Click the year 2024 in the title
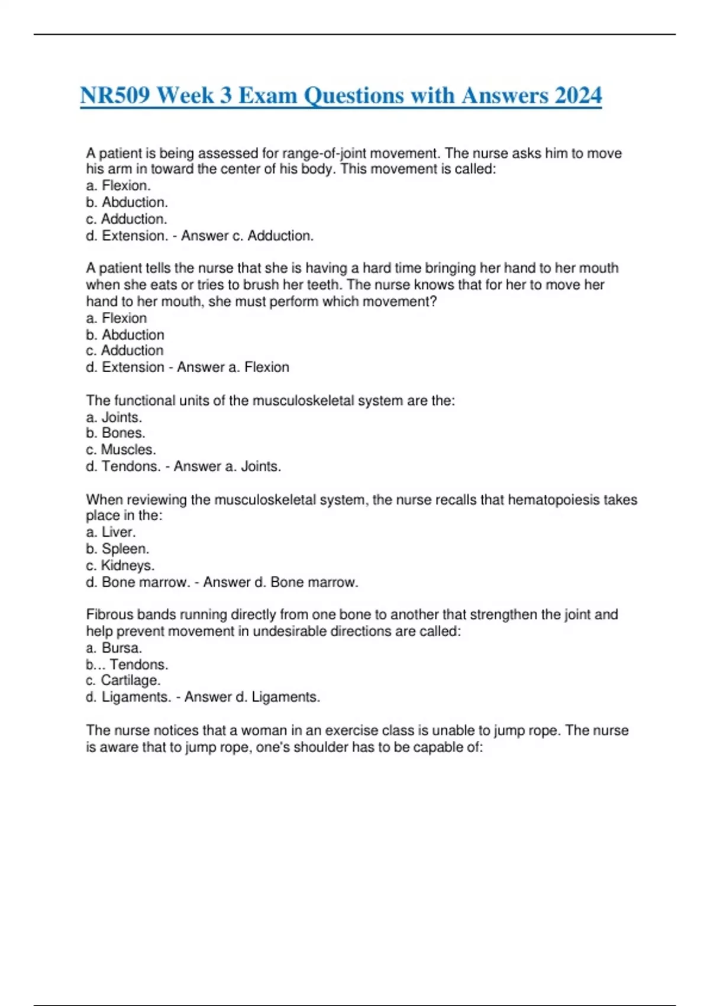point(578,95)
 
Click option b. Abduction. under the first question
point(127,202)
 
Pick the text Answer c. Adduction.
point(247,236)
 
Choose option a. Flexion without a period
point(117,318)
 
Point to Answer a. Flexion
point(233,367)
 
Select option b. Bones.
point(115,433)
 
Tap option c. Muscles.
point(121,450)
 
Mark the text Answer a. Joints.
point(227,466)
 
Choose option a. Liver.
point(111,532)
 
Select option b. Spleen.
point(117,549)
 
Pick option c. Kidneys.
point(120,565)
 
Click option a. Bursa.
point(114,647)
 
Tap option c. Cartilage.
point(123,681)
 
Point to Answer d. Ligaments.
point(252,697)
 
